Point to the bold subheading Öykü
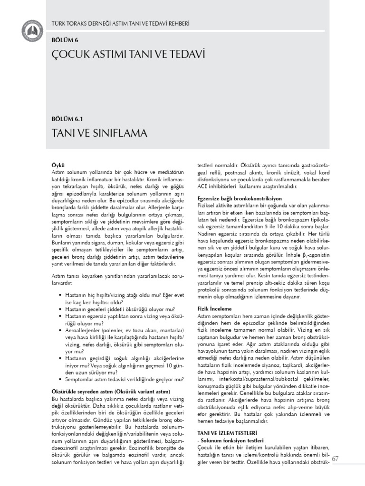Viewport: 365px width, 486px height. click(57, 163)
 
